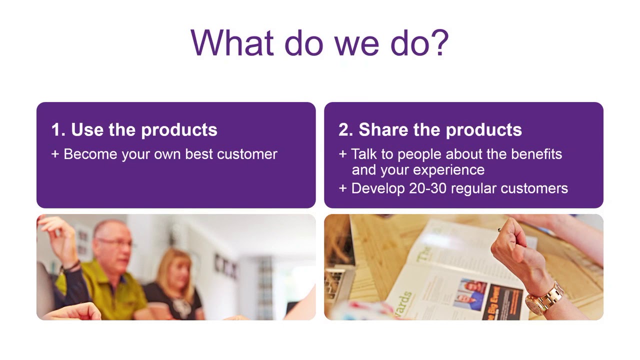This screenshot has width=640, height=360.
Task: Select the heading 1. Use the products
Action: coord(134,129)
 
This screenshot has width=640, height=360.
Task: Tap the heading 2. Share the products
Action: coord(430,129)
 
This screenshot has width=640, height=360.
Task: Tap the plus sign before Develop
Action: coord(342,188)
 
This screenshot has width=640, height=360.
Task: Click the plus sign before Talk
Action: coord(342,154)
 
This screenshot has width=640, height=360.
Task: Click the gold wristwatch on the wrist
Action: coord(544,298)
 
